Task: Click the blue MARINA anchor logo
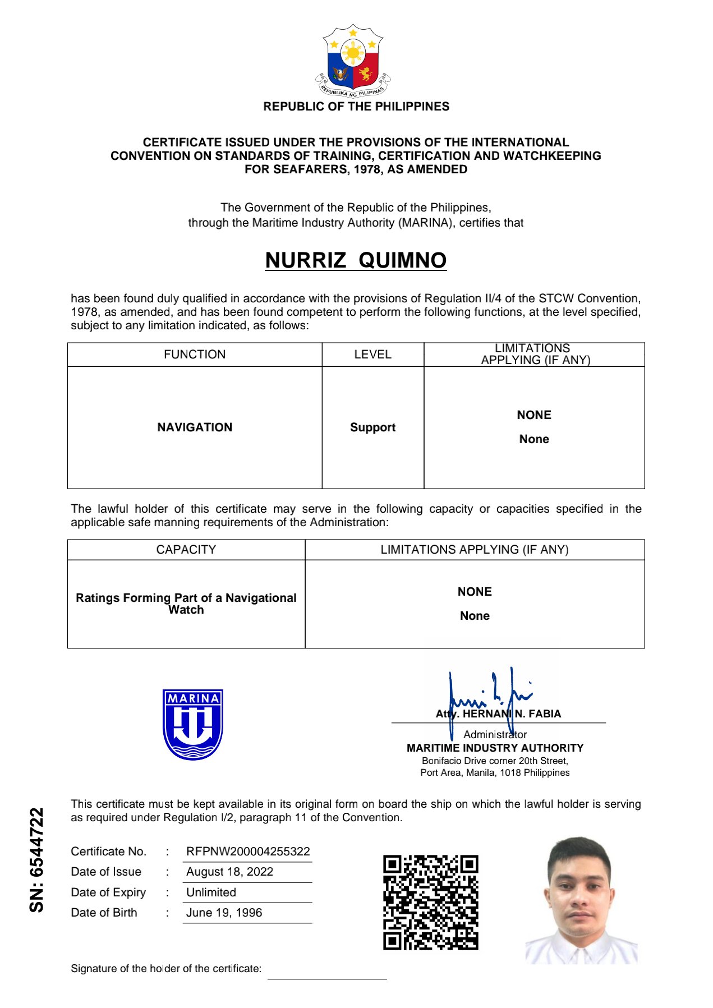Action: (192, 724)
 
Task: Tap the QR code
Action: (430, 902)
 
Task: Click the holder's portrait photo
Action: (581, 900)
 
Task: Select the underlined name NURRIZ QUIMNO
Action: (356, 260)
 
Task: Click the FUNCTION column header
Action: (195, 355)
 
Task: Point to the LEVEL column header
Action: (372, 355)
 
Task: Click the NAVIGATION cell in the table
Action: (195, 427)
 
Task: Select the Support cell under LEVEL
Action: (372, 427)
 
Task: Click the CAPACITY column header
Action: (186, 550)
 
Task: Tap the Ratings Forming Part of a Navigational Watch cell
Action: (186, 604)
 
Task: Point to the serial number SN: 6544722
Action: (36, 859)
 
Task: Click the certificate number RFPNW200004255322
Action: (248, 851)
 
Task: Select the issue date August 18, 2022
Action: (229, 872)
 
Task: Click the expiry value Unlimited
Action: (211, 892)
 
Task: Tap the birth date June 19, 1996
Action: (224, 913)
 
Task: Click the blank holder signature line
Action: (327, 977)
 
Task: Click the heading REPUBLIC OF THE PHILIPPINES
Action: (356, 107)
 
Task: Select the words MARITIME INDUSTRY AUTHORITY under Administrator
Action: (495, 748)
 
